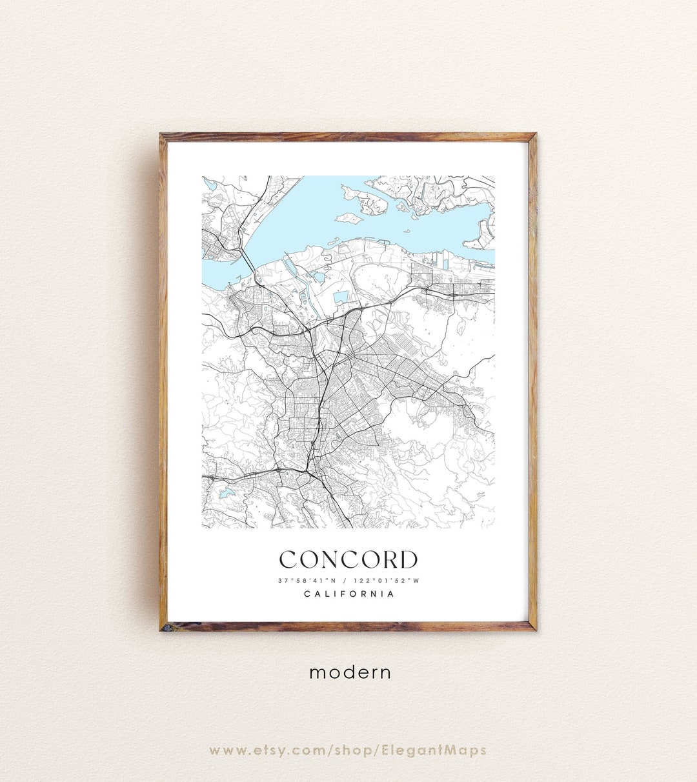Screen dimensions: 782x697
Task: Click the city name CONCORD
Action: [348, 560]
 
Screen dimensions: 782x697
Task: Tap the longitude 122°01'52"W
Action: [387, 581]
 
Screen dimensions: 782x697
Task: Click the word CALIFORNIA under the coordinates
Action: [348, 594]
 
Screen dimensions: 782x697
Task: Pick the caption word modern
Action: [350, 672]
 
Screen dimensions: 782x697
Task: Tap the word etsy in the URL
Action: [263, 750]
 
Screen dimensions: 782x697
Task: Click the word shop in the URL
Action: [354, 750]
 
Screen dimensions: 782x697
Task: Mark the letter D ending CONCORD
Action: [407, 560]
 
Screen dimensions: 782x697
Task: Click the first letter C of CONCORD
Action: [290, 560]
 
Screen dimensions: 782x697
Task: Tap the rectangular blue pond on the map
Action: [340, 297]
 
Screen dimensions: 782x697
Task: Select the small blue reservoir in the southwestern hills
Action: [225, 494]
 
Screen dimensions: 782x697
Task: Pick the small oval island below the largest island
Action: [348, 218]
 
